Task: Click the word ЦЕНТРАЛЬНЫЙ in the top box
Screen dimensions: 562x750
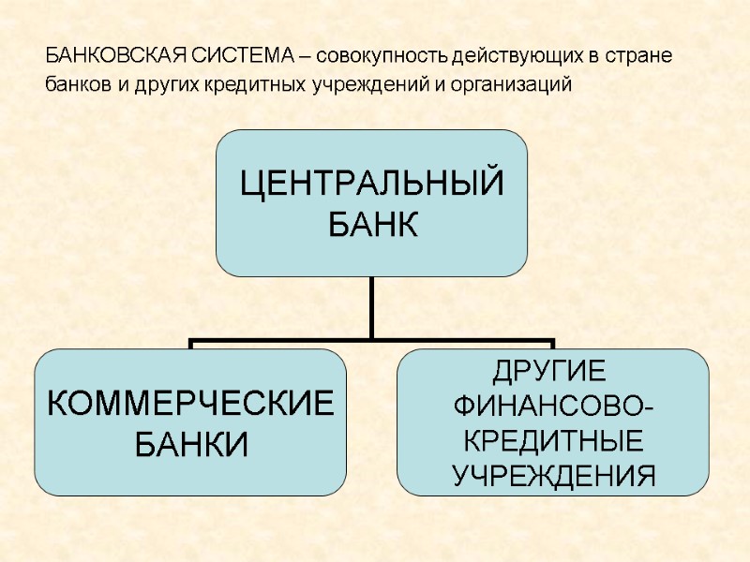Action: tap(371, 183)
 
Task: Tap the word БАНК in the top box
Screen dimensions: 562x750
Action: tap(371, 225)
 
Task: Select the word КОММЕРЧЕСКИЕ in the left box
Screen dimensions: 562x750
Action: tap(190, 405)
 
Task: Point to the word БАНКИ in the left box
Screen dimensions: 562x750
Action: tap(190, 442)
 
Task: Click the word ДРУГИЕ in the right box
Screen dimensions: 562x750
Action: tap(549, 371)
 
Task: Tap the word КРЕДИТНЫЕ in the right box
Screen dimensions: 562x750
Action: tap(553, 440)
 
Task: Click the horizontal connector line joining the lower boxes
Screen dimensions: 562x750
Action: tap(281, 340)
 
